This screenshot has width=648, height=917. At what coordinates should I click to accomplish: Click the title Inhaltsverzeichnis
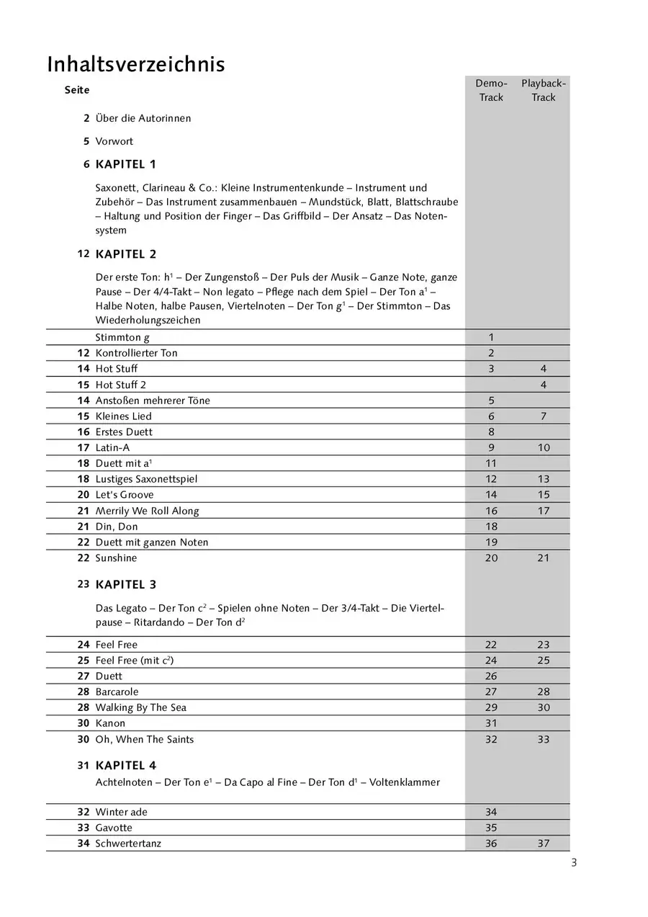point(136,65)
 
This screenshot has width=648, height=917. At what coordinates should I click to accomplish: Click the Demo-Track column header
point(491,91)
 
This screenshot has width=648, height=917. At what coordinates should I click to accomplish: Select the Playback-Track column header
point(544,91)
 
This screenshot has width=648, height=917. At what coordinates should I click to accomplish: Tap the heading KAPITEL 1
point(125,164)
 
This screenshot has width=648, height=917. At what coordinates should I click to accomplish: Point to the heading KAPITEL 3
point(125,584)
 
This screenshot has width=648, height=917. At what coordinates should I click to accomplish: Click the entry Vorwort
point(114,141)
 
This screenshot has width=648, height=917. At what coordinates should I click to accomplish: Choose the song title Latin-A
point(112,447)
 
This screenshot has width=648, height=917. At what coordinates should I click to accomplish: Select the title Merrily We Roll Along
point(147,511)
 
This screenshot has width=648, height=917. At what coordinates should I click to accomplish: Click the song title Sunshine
point(116,558)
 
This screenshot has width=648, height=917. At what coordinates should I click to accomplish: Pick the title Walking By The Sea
point(140,707)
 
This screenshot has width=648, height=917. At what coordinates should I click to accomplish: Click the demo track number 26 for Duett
point(491,676)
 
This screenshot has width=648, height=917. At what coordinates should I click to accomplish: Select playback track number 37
point(544,843)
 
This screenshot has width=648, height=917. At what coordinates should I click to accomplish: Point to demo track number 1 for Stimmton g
point(491,337)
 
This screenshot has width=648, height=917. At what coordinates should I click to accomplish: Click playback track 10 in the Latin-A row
point(544,447)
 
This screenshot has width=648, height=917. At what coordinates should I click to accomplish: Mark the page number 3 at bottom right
point(573,863)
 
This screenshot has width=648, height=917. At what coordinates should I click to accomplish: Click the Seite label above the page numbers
point(77,90)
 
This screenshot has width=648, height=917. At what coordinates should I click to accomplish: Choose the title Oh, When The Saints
point(144,739)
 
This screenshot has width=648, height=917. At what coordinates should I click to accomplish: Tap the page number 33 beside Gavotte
point(83,828)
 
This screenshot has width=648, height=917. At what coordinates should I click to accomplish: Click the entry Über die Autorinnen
point(143,118)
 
